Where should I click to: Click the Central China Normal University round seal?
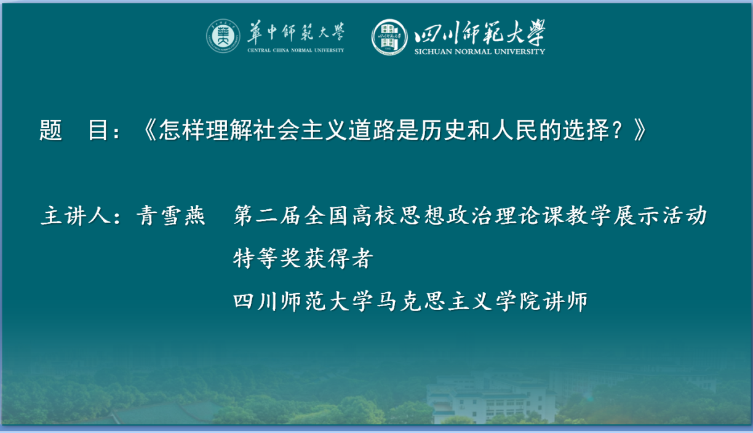pos(223,36)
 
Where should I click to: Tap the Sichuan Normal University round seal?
pos(389,37)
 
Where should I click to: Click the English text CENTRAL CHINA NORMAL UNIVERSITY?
pos(296,50)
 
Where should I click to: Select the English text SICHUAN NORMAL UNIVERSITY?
pos(480,52)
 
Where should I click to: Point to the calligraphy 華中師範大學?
pos(296,32)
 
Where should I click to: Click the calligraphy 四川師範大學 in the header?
pos(480,32)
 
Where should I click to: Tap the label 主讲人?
pos(76,215)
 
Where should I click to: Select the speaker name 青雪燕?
pos(171,215)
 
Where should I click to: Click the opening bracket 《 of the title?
pos(150,130)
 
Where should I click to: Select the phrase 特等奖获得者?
pos(303,258)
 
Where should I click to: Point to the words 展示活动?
pos(659,215)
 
